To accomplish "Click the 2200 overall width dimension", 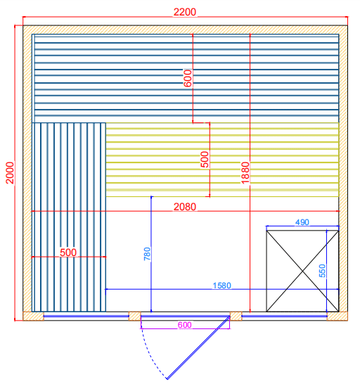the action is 185,12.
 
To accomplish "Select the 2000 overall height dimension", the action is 10,172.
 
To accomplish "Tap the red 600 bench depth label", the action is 188,78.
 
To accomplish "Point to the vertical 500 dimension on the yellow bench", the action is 205,160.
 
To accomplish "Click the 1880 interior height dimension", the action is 245,172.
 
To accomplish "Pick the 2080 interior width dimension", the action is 185,207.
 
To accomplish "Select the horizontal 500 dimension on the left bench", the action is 68,252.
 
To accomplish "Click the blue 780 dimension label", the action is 147,254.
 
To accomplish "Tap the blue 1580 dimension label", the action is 222,286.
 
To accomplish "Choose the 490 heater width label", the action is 302,222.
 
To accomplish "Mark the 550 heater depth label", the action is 323,271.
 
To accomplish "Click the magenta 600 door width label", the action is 185,325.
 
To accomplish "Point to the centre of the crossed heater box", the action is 302,271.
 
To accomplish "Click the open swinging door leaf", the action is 198,347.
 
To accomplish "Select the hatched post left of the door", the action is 135,316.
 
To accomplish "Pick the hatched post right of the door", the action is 236,316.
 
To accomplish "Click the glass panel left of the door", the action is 86,316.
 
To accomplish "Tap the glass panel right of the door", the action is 284,316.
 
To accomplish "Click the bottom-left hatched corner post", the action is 33,316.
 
